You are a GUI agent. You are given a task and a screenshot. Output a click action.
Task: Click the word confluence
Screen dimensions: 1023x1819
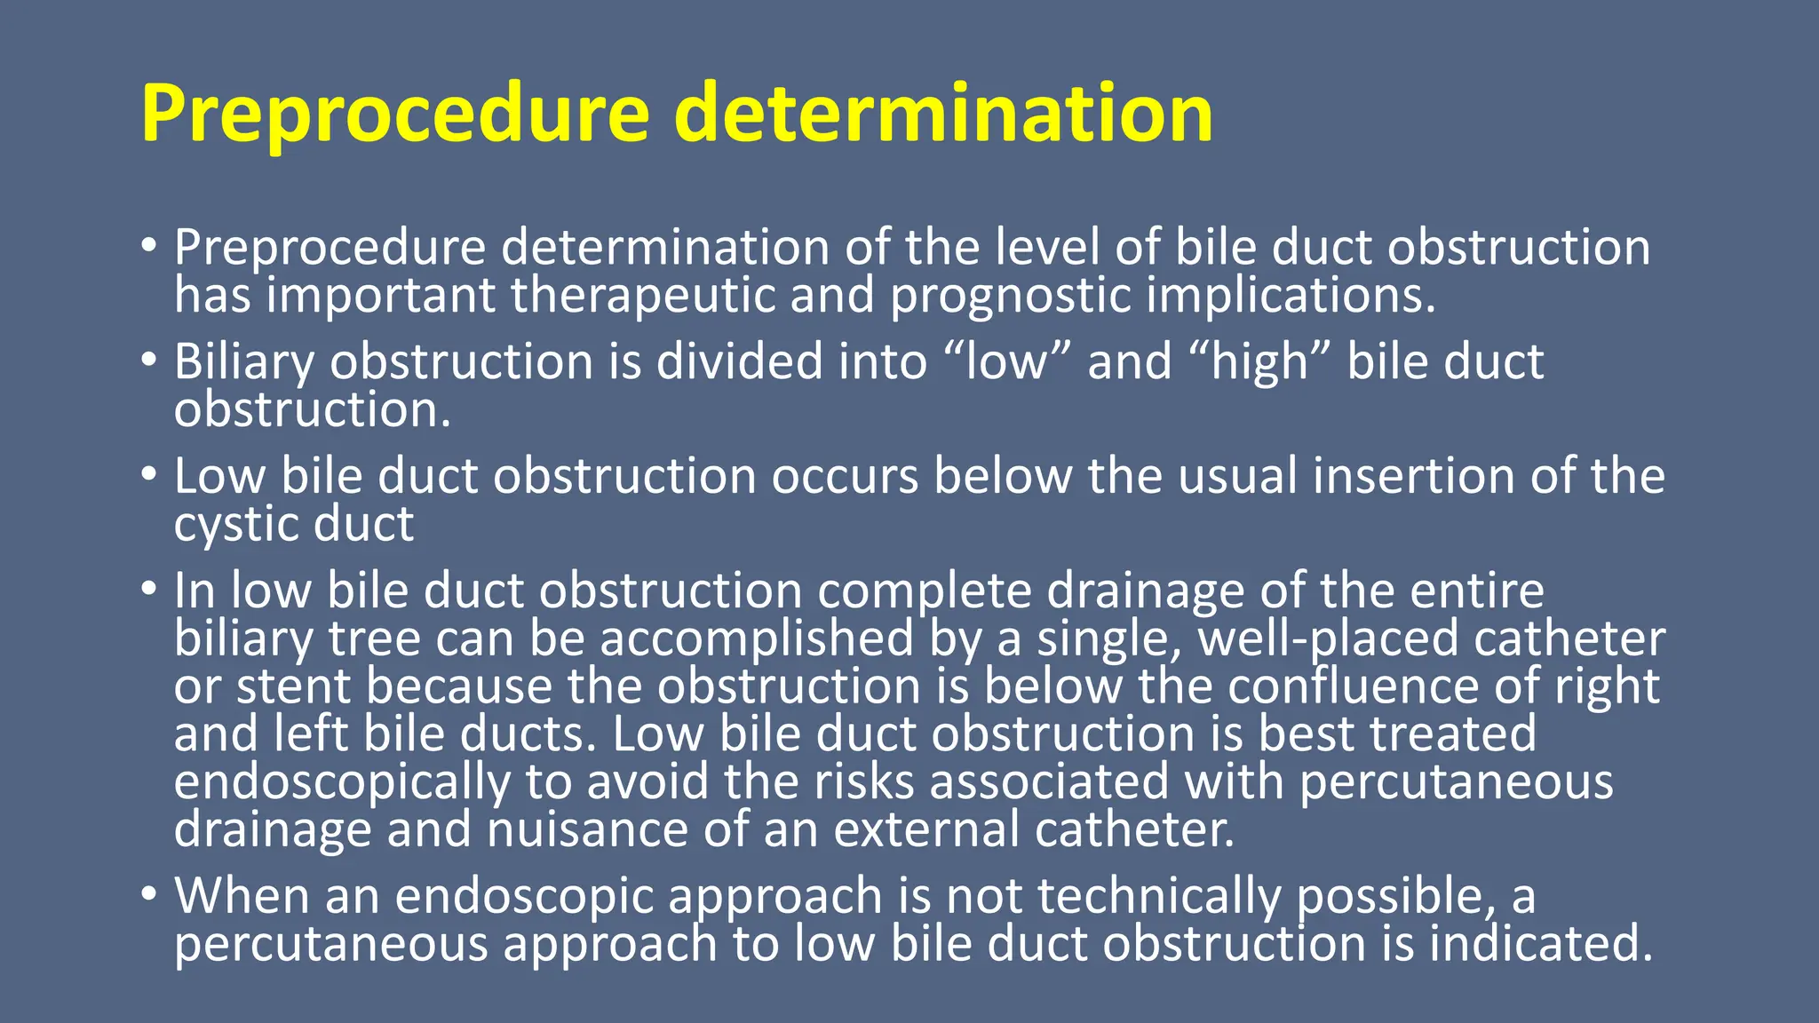(x=1377, y=686)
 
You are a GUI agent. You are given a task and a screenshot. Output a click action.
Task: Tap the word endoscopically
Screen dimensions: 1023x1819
(x=342, y=782)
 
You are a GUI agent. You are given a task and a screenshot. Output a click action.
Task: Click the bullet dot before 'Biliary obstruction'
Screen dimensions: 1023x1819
(x=150, y=361)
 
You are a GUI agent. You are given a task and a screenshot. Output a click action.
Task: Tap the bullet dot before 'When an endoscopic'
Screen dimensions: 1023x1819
(x=150, y=893)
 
